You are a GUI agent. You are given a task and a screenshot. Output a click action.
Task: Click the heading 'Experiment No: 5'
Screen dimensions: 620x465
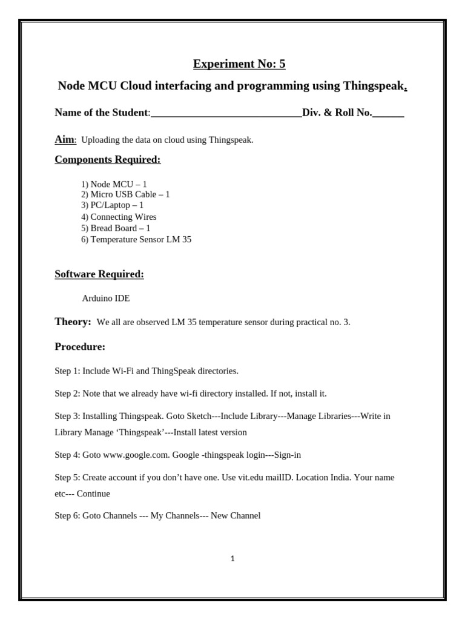(239, 64)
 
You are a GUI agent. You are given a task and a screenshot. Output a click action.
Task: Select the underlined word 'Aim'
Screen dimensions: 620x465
(64, 140)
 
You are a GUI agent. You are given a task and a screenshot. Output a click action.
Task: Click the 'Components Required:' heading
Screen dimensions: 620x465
(108, 160)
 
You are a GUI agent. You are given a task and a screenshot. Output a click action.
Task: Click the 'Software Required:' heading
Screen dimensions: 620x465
(99, 274)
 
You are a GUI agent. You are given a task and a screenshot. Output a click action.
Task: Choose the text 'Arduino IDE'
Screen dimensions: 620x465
(106, 298)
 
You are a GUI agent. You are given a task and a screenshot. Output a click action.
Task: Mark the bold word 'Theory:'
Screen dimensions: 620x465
(73, 322)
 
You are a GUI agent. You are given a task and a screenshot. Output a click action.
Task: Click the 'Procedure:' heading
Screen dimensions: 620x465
(80, 347)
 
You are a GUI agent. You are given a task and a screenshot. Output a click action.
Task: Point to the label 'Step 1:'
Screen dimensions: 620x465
(67, 371)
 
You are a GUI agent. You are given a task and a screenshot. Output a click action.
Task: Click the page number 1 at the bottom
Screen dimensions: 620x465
(232, 559)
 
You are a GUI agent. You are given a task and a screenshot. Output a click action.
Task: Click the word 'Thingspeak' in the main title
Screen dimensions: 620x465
(374, 86)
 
